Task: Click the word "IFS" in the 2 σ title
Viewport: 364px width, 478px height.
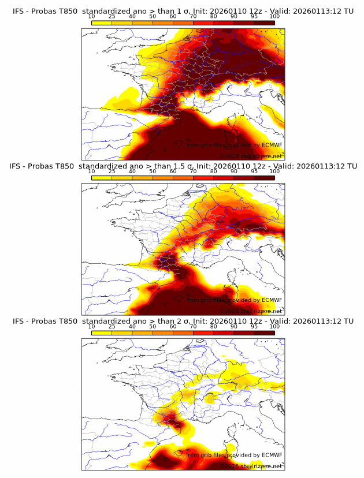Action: [x=18, y=321]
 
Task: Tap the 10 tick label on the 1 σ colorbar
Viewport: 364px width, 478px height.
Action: [x=91, y=16]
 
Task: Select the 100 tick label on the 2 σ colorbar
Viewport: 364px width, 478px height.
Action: [x=274, y=326]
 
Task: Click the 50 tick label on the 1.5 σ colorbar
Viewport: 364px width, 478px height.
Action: [x=153, y=171]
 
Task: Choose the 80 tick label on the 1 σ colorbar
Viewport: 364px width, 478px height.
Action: [x=214, y=16]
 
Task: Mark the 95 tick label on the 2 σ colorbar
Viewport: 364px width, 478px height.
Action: [x=254, y=326]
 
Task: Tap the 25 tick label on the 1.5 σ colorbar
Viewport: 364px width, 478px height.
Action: [x=112, y=171]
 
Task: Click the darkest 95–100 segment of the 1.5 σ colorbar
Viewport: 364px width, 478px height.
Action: [x=265, y=177]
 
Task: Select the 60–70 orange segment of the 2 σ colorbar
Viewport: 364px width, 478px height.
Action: [x=183, y=332]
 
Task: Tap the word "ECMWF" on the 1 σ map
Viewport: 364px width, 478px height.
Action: [x=272, y=145]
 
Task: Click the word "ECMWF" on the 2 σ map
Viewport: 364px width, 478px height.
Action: [x=272, y=455]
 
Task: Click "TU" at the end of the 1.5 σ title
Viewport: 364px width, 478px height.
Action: [x=348, y=166]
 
